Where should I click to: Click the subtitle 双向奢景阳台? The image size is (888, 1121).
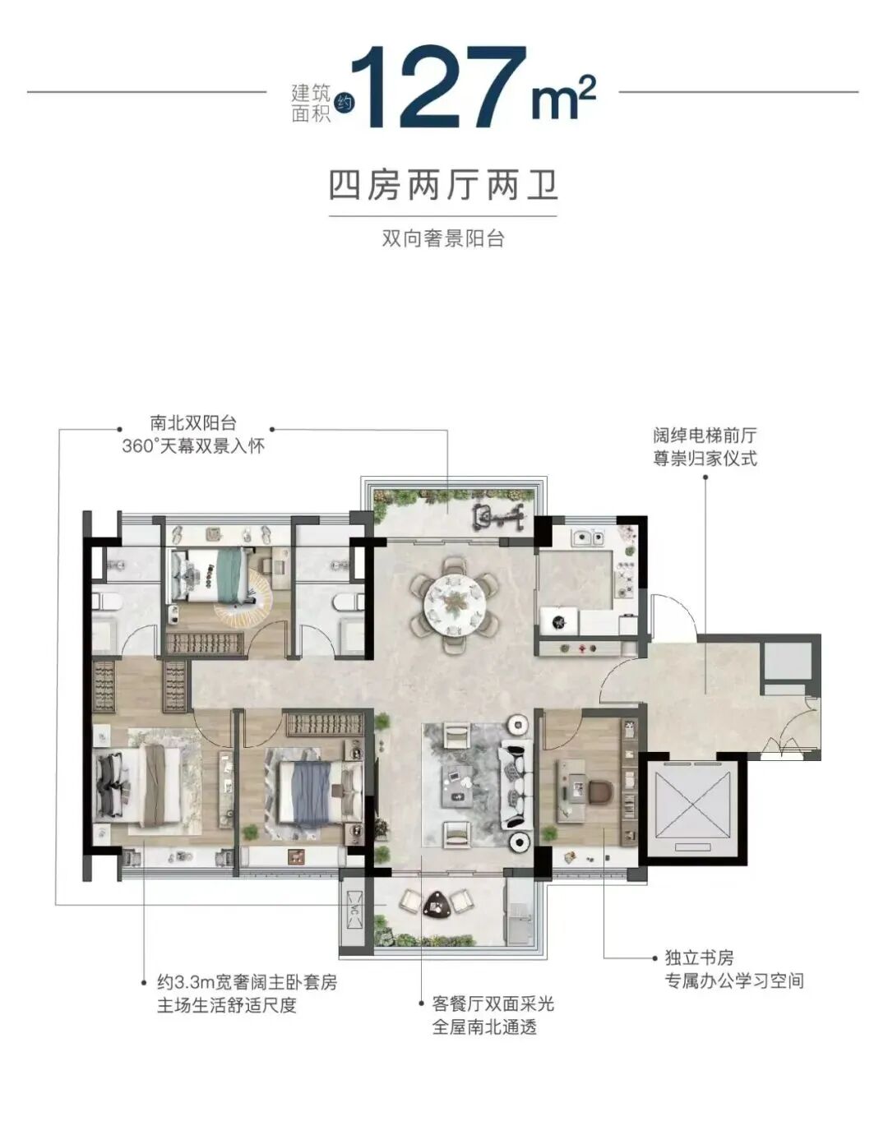[x=443, y=239]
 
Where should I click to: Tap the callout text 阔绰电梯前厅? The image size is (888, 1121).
[x=705, y=436]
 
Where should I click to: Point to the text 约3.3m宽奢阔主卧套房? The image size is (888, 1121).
[x=247, y=982]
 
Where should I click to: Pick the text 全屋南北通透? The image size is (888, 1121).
[x=484, y=1027]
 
